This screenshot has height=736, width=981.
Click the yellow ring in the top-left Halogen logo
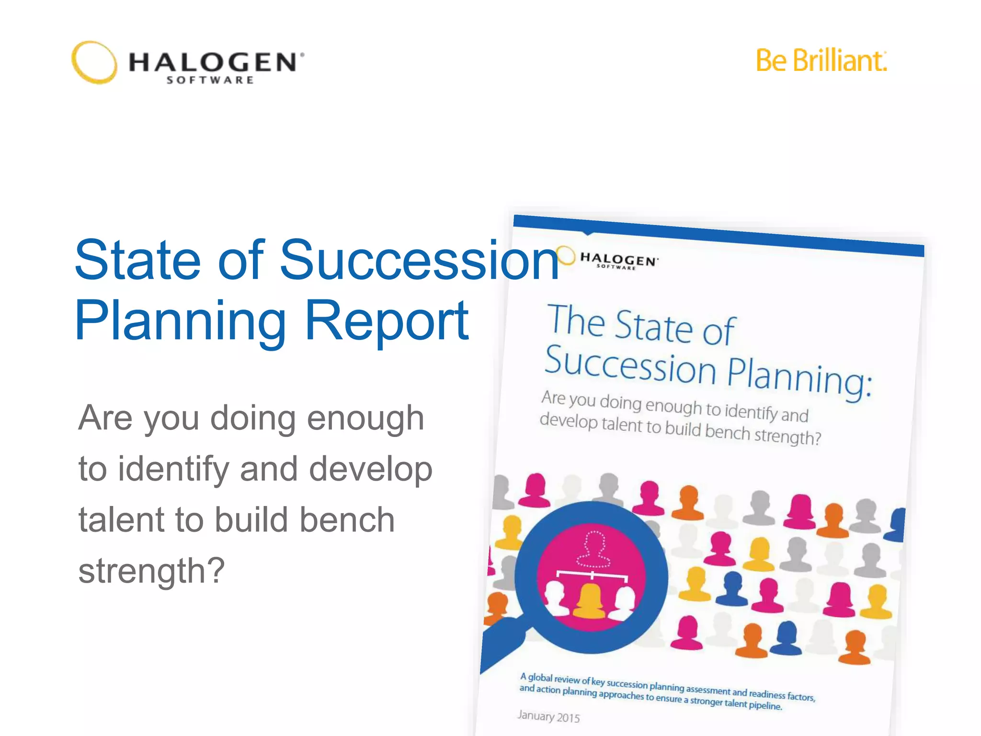point(94,62)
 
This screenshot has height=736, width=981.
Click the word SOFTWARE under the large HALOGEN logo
point(210,80)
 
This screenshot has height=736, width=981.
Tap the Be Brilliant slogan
point(821,61)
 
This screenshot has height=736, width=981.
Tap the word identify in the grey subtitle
point(173,469)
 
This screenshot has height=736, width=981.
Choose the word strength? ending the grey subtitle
point(151,570)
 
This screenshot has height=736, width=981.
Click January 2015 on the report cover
point(548,716)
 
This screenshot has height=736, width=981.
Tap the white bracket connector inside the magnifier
point(592,575)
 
